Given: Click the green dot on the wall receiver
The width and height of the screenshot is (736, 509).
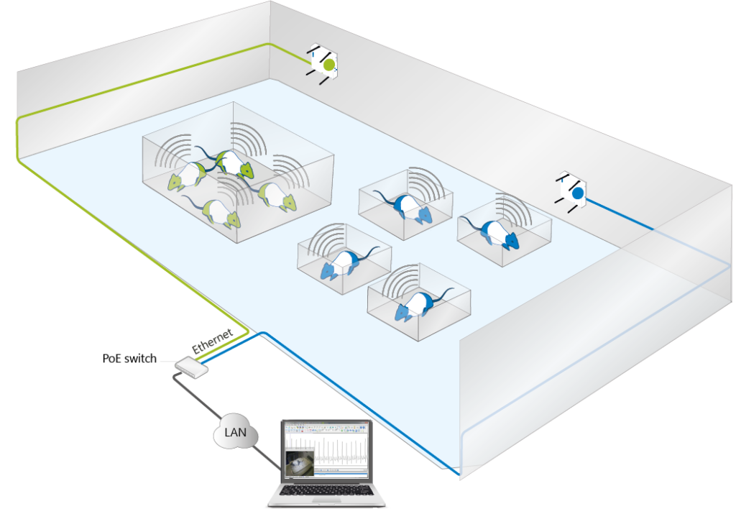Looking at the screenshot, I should click(328, 65).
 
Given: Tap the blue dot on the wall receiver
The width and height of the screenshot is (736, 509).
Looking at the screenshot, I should click(576, 193).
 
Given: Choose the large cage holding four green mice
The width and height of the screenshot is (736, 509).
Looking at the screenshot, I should click(237, 173).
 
